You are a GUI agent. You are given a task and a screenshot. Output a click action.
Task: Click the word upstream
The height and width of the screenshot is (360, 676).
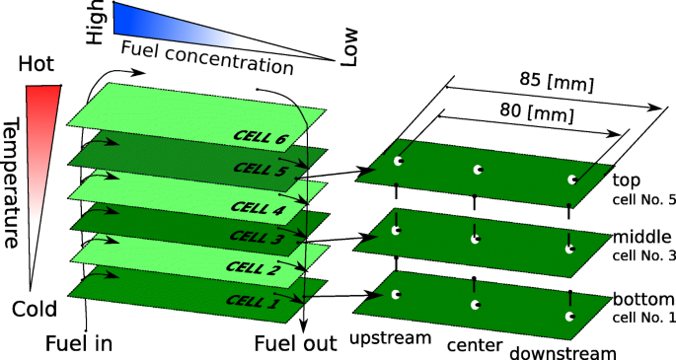[x=392, y=338]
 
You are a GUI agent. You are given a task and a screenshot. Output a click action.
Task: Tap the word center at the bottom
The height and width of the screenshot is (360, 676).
[x=475, y=346]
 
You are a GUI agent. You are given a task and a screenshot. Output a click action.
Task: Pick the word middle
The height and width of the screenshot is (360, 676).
[x=642, y=238]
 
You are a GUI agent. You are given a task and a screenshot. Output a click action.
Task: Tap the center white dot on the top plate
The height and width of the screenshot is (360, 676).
[x=477, y=171]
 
